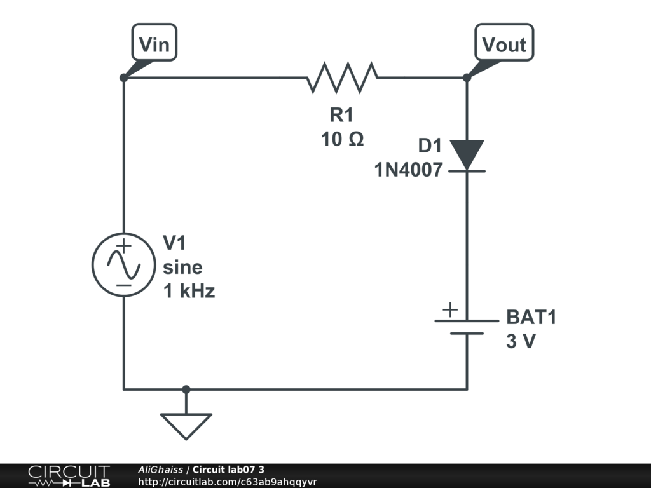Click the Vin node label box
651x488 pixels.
point(154,43)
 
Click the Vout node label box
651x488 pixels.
point(504,43)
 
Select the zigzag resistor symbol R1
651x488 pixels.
point(342,78)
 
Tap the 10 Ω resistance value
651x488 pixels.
point(343,139)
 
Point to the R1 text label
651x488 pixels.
point(341,115)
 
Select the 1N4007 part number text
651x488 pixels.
point(409,170)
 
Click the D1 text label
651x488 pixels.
point(430,146)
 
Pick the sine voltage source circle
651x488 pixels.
point(124,265)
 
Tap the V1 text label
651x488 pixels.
point(174,243)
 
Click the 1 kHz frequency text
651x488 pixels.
point(189,291)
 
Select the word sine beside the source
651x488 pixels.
point(182,268)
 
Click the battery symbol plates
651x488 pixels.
point(467,327)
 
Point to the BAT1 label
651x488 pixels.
point(531,317)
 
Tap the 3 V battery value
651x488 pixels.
point(521,341)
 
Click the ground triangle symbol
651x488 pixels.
point(186,426)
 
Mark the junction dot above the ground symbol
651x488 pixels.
point(186,390)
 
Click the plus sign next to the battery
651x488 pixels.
point(450,310)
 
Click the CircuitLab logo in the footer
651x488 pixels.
point(69,476)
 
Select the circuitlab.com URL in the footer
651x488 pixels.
point(228,482)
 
